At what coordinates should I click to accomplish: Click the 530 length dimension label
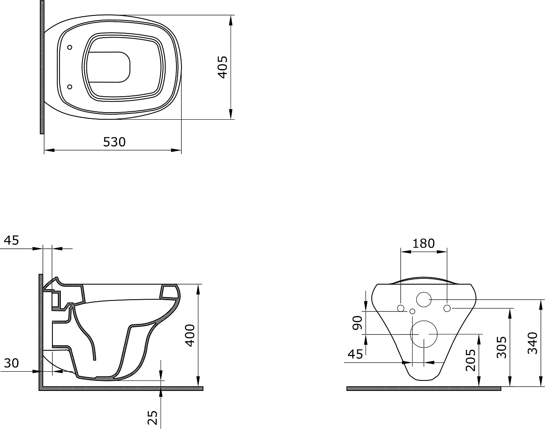(x=114, y=142)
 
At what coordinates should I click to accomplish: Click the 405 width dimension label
(x=223, y=67)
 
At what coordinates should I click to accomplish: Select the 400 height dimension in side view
(x=190, y=336)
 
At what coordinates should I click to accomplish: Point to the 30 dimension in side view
(x=11, y=363)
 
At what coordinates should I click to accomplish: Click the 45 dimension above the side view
(x=11, y=240)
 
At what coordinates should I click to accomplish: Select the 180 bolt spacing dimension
(x=423, y=244)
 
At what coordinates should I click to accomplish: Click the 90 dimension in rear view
(x=357, y=323)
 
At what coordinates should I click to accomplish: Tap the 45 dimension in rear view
(x=356, y=355)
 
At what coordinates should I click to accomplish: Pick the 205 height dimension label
(x=471, y=360)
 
